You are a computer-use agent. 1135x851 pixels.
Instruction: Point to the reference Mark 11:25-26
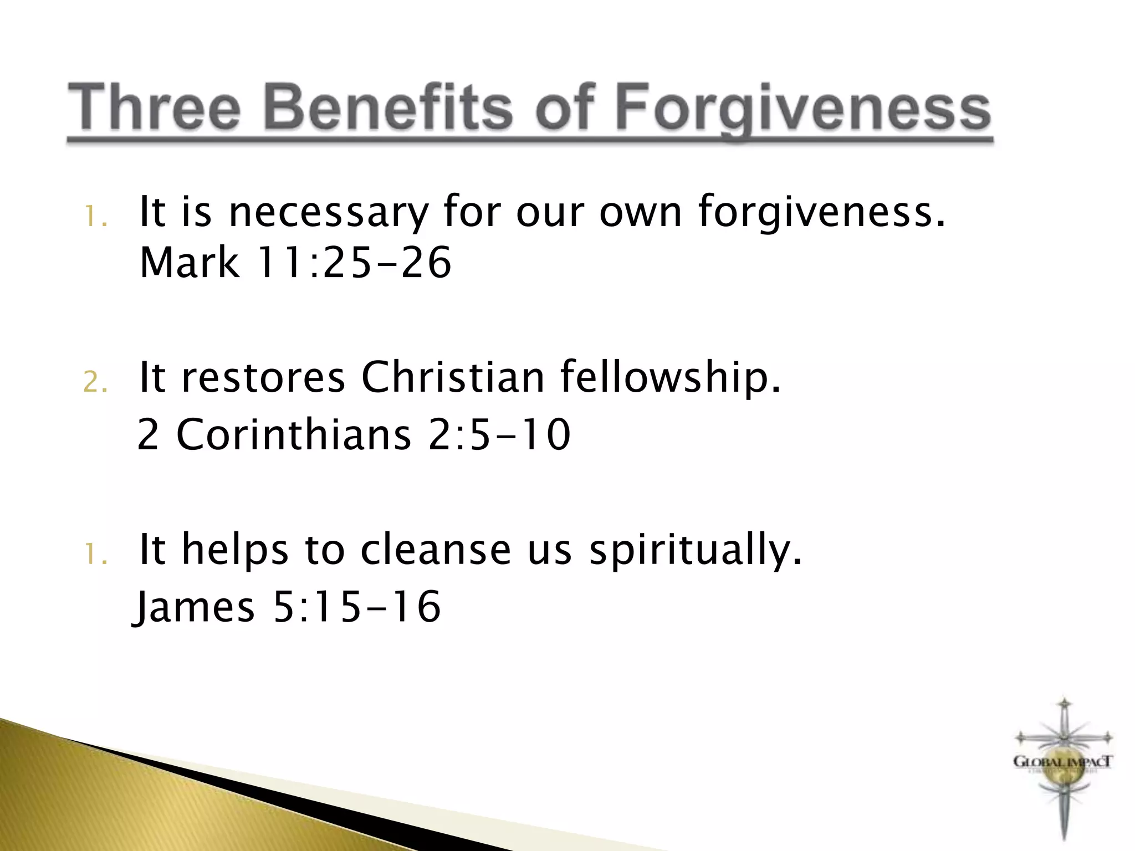(x=295, y=263)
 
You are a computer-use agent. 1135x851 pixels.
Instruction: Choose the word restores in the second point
(x=263, y=378)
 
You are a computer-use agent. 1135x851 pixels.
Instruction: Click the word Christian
(x=453, y=378)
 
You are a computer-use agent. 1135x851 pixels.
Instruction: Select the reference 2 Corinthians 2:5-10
(x=354, y=434)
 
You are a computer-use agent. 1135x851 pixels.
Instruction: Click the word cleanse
(x=435, y=550)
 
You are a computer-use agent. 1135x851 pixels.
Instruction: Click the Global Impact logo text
(x=1062, y=762)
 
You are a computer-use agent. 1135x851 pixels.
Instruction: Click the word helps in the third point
(x=235, y=551)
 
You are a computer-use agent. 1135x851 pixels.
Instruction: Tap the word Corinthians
(x=293, y=434)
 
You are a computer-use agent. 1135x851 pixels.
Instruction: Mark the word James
(x=195, y=607)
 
